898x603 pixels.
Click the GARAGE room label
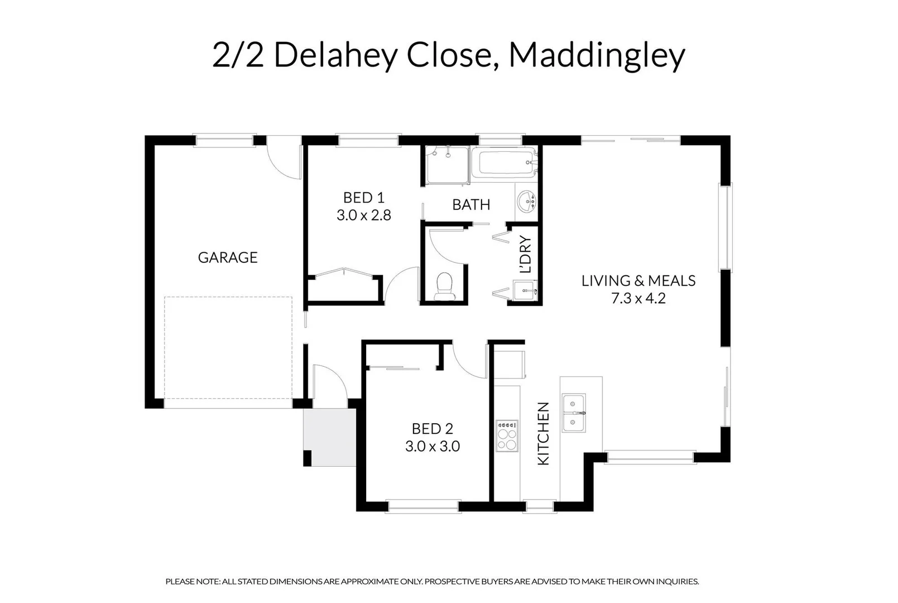click(228, 257)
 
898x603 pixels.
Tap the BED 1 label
click(363, 198)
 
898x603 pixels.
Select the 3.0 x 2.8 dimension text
click(363, 215)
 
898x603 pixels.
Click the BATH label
click(471, 205)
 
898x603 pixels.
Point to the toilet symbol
click(444, 284)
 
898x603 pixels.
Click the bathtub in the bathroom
click(504, 163)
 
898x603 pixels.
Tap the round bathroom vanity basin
click(526, 202)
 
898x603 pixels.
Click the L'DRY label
click(525, 255)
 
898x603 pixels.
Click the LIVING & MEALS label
click(638, 281)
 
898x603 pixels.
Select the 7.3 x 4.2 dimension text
click(638, 299)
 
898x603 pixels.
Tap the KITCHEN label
click(543, 433)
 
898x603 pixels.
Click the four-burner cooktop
click(507, 435)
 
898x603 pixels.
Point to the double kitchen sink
click(574, 413)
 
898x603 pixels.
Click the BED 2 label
click(432, 429)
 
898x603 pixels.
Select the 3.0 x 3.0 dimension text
click(432, 447)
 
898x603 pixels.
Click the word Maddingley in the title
click(597, 56)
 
